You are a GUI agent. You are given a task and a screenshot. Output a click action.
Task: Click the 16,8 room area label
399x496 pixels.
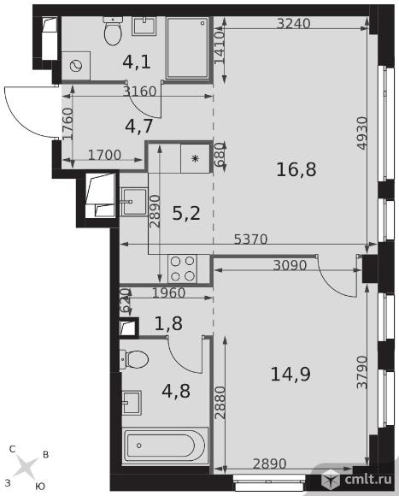tap(296, 169)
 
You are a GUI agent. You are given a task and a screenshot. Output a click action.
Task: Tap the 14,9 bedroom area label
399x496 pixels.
tap(290, 374)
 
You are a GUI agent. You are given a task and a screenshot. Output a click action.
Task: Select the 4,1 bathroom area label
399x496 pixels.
tap(137, 62)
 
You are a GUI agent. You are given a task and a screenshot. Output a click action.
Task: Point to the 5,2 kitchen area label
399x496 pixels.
tap(186, 213)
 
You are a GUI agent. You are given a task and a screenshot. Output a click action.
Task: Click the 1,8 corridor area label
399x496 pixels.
tap(168, 323)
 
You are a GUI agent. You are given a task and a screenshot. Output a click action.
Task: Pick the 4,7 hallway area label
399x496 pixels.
tap(139, 127)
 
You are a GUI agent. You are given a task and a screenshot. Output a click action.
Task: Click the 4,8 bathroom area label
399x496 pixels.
tap(176, 391)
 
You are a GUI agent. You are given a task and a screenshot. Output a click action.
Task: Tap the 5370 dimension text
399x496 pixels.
tap(251, 239)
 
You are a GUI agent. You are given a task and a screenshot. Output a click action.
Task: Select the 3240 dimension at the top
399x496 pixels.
tap(294, 23)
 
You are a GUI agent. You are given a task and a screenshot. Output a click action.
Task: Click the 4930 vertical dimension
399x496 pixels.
tap(362, 133)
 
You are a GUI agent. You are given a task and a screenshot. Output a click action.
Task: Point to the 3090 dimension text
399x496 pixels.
tap(290, 265)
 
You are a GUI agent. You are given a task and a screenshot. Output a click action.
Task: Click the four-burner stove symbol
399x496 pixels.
tap(182, 269)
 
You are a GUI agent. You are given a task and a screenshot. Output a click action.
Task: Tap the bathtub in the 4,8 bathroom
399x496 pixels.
tap(165, 446)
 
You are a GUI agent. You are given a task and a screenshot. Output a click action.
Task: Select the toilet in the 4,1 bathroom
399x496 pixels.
tap(113, 31)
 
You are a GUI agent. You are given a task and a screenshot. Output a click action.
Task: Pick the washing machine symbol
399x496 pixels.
tap(76, 66)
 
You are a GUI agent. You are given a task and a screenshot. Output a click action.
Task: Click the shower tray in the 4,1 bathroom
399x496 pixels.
tap(187, 48)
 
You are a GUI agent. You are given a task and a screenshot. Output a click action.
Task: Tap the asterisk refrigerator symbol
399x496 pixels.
tap(196, 158)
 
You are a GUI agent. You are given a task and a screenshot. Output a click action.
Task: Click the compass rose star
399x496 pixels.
tap(26, 466)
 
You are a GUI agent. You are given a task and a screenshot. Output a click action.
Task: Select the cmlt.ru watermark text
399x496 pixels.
tap(368, 479)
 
